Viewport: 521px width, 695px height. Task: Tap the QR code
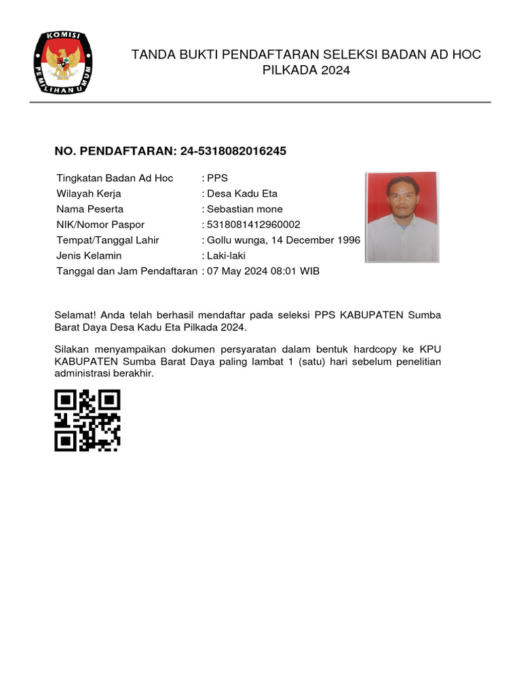pyautogui.click(x=87, y=420)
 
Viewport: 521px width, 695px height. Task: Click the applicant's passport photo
pyautogui.click(x=402, y=217)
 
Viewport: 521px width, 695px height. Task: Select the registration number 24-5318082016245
pyautogui.click(x=233, y=151)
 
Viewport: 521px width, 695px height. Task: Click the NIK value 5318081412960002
pyautogui.click(x=254, y=225)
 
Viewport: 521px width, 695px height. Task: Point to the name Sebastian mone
pyautogui.click(x=245, y=209)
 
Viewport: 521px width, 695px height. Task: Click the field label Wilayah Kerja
pyautogui.click(x=89, y=193)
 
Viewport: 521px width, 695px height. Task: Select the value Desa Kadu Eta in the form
pyautogui.click(x=242, y=193)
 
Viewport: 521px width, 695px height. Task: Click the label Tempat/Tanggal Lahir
pyautogui.click(x=108, y=240)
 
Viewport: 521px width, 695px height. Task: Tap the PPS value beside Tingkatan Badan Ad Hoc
pyautogui.click(x=218, y=178)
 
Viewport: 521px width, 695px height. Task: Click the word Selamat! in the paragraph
pyautogui.click(x=73, y=315)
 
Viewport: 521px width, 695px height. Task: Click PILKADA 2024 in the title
pyautogui.click(x=306, y=70)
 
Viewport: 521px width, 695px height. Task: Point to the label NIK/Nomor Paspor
pyautogui.click(x=100, y=225)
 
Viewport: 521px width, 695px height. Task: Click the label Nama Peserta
pyautogui.click(x=90, y=209)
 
